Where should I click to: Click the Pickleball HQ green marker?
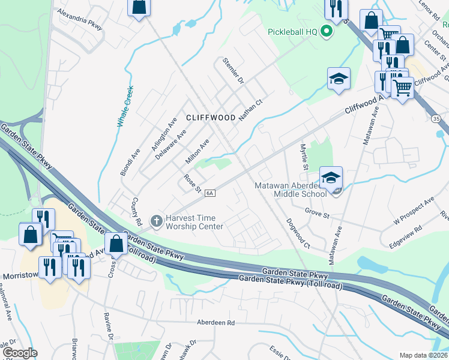pyautogui.click(x=327, y=30)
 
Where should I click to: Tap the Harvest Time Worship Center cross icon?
pyautogui.click(x=156, y=221)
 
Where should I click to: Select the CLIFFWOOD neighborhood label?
pyautogui.click(x=210, y=118)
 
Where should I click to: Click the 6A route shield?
pyautogui.click(x=209, y=193)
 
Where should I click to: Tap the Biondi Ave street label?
pyautogui.click(x=130, y=163)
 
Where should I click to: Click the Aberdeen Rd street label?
pyautogui.click(x=217, y=322)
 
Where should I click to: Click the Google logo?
pyautogui.click(x=20, y=353)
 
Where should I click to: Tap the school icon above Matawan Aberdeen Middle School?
pyautogui.click(x=331, y=177)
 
